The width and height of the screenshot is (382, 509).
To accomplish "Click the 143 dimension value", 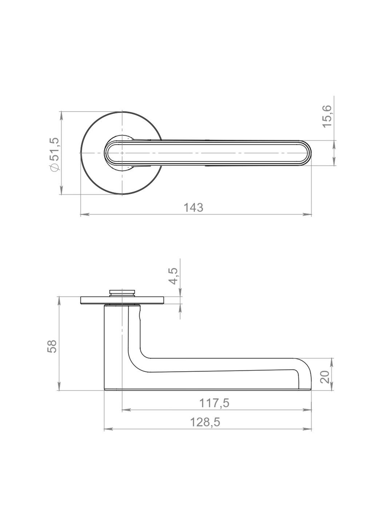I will (x=193, y=208).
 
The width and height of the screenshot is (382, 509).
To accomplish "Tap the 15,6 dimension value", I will (x=327, y=116).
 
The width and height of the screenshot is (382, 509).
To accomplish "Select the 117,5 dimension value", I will (x=214, y=403).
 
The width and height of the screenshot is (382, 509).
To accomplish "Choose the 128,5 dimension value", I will (x=205, y=422).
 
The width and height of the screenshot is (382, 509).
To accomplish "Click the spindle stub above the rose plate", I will (x=122, y=293).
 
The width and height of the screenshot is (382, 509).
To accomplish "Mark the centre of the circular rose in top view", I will (x=122, y=153).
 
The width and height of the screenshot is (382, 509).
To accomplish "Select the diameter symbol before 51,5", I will (x=54, y=167).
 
